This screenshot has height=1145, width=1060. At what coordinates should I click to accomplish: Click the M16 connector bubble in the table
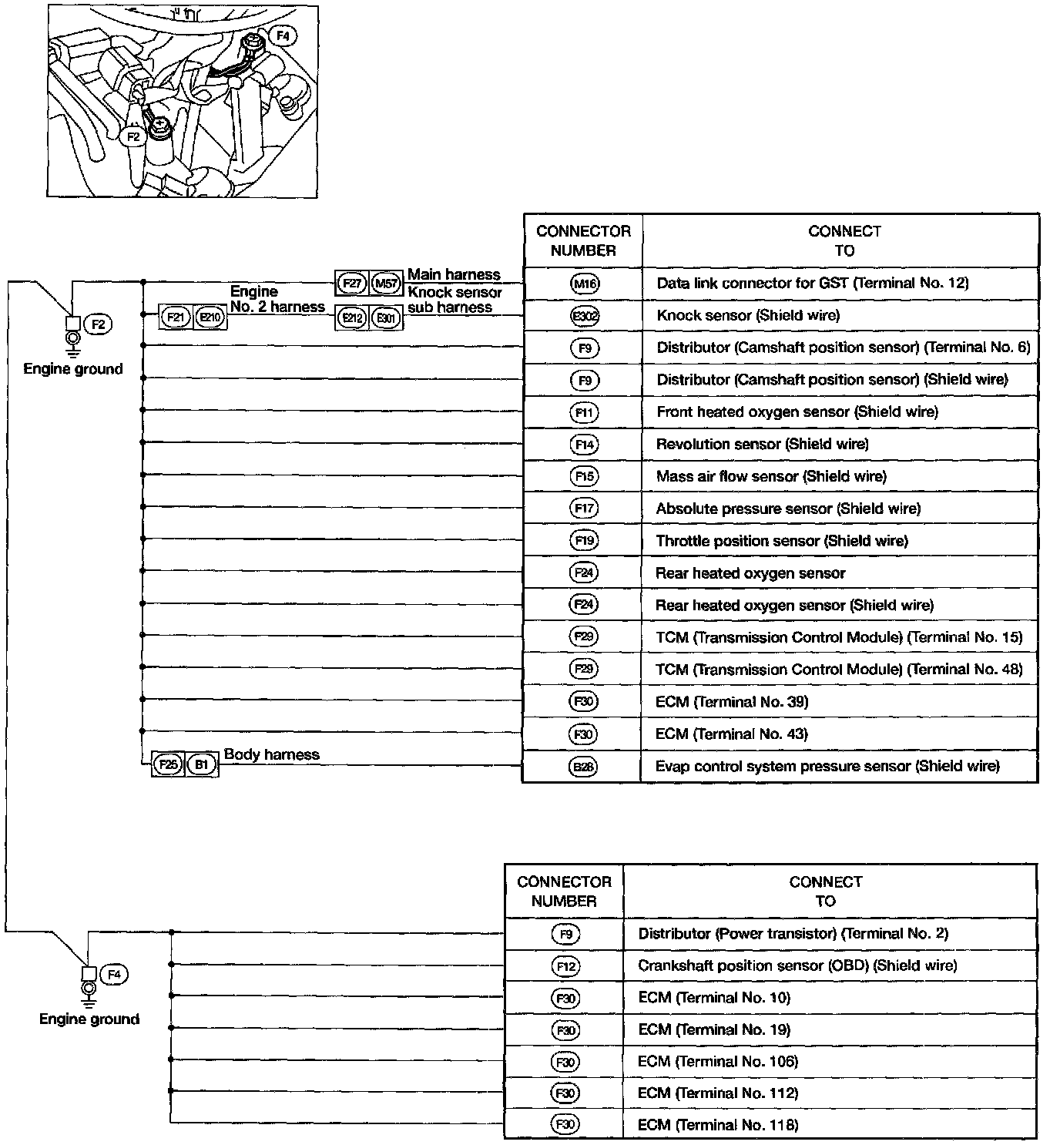585,284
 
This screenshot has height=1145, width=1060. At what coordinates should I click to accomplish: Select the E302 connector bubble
585,316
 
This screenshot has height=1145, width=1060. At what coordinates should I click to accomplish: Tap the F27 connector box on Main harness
352,284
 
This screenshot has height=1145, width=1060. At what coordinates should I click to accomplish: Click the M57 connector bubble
385,284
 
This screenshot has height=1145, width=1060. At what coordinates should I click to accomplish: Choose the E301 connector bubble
385,317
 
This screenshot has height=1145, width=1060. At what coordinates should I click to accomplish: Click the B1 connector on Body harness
202,764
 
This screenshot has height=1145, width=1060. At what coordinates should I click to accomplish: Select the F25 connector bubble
168,764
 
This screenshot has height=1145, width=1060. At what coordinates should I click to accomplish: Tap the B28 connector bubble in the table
584,767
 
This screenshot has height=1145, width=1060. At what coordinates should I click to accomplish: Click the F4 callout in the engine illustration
283,35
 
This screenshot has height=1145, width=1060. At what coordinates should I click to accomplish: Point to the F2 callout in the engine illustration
133,136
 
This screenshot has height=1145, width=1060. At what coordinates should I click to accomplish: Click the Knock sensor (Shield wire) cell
748,315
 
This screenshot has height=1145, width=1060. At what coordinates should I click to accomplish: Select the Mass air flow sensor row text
771,476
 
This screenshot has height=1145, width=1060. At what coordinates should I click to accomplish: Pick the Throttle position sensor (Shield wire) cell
782,541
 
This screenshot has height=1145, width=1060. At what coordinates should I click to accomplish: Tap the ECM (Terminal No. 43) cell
731,734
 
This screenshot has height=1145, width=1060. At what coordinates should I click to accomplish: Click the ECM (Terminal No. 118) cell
718,1125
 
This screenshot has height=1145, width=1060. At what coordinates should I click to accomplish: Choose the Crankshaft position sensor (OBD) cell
797,965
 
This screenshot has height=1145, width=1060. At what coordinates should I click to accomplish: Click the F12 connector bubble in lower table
565,966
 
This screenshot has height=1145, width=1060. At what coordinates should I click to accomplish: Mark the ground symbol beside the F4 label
89,990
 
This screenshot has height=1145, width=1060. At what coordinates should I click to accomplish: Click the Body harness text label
271,754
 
